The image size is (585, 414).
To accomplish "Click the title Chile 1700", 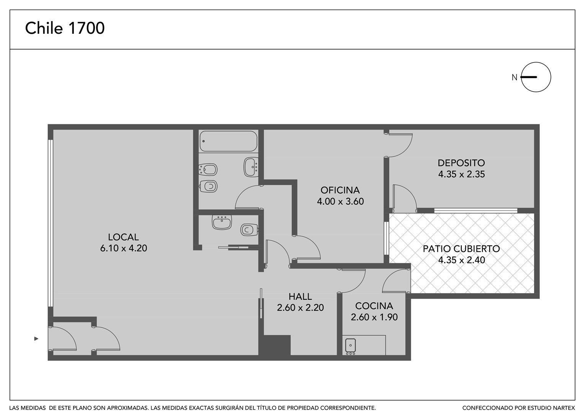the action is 65,28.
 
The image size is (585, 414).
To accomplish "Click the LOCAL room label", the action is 123,237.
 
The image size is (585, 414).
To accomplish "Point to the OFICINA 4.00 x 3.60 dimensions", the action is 340,201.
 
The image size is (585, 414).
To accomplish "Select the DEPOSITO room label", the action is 461,163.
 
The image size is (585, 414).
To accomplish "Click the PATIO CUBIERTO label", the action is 461,249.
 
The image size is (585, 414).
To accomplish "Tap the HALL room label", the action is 300,297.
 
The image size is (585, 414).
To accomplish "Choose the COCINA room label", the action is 374,306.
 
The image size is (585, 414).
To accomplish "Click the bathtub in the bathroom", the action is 229,141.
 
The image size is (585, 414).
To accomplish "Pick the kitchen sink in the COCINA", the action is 350,345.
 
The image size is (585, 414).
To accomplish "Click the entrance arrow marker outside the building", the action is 36,339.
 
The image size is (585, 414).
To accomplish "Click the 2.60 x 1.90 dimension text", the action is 374,317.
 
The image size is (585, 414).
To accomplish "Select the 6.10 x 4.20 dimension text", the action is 124,248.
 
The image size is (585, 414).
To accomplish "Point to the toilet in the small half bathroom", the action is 249,230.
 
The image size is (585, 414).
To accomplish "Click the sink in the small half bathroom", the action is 222,222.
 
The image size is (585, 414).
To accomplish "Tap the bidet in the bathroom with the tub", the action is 208,170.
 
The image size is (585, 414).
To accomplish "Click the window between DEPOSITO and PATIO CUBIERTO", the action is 476,210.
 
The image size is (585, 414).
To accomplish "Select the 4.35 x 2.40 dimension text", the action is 461,260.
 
